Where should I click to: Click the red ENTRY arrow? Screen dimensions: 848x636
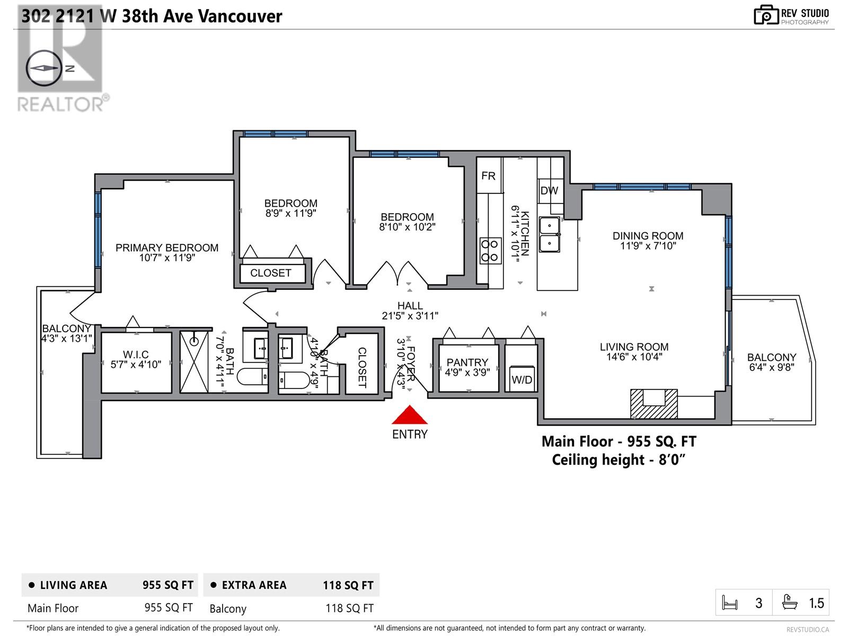pyautogui.click(x=410, y=415)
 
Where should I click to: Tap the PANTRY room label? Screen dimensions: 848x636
pyautogui.click(x=467, y=362)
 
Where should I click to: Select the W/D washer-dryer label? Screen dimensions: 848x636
pyautogui.click(x=522, y=379)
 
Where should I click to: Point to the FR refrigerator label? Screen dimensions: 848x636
pyautogui.click(x=488, y=176)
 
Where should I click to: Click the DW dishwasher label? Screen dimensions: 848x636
pyautogui.click(x=549, y=190)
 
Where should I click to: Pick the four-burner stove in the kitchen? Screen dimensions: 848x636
pyautogui.click(x=489, y=251)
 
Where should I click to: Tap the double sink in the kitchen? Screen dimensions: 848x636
pyautogui.click(x=550, y=234)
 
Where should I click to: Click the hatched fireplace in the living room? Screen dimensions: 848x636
pyautogui.click(x=653, y=404)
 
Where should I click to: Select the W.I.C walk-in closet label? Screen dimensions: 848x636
pyautogui.click(x=136, y=354)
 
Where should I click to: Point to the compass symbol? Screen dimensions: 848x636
pyautogui.click(x=43, y=68)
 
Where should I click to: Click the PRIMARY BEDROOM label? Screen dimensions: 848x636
pyautogui.click(x=167, y=248)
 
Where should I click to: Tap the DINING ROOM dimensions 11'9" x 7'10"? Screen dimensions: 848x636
pyautogui.click(x=648, y=245)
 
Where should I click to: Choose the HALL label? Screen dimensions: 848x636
pyautogui.click(x=410, y=306)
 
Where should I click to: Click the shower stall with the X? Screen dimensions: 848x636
pyautogui.click(x=194, y=361)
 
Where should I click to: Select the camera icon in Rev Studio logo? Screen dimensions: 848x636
pyautogui.click(x=766, y=15)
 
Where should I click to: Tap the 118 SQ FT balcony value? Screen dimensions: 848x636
pyautogui.click(x=349, y=608)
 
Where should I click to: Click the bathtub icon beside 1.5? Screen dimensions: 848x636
pyautogui.click(x=790, y=603)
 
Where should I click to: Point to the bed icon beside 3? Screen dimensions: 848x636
pyautogui.click(x=730, y=603)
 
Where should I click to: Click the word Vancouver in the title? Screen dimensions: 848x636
pyautogui.click(x=240, y=16)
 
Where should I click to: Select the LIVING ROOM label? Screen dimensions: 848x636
pyautogui.click(x=634, y=347)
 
